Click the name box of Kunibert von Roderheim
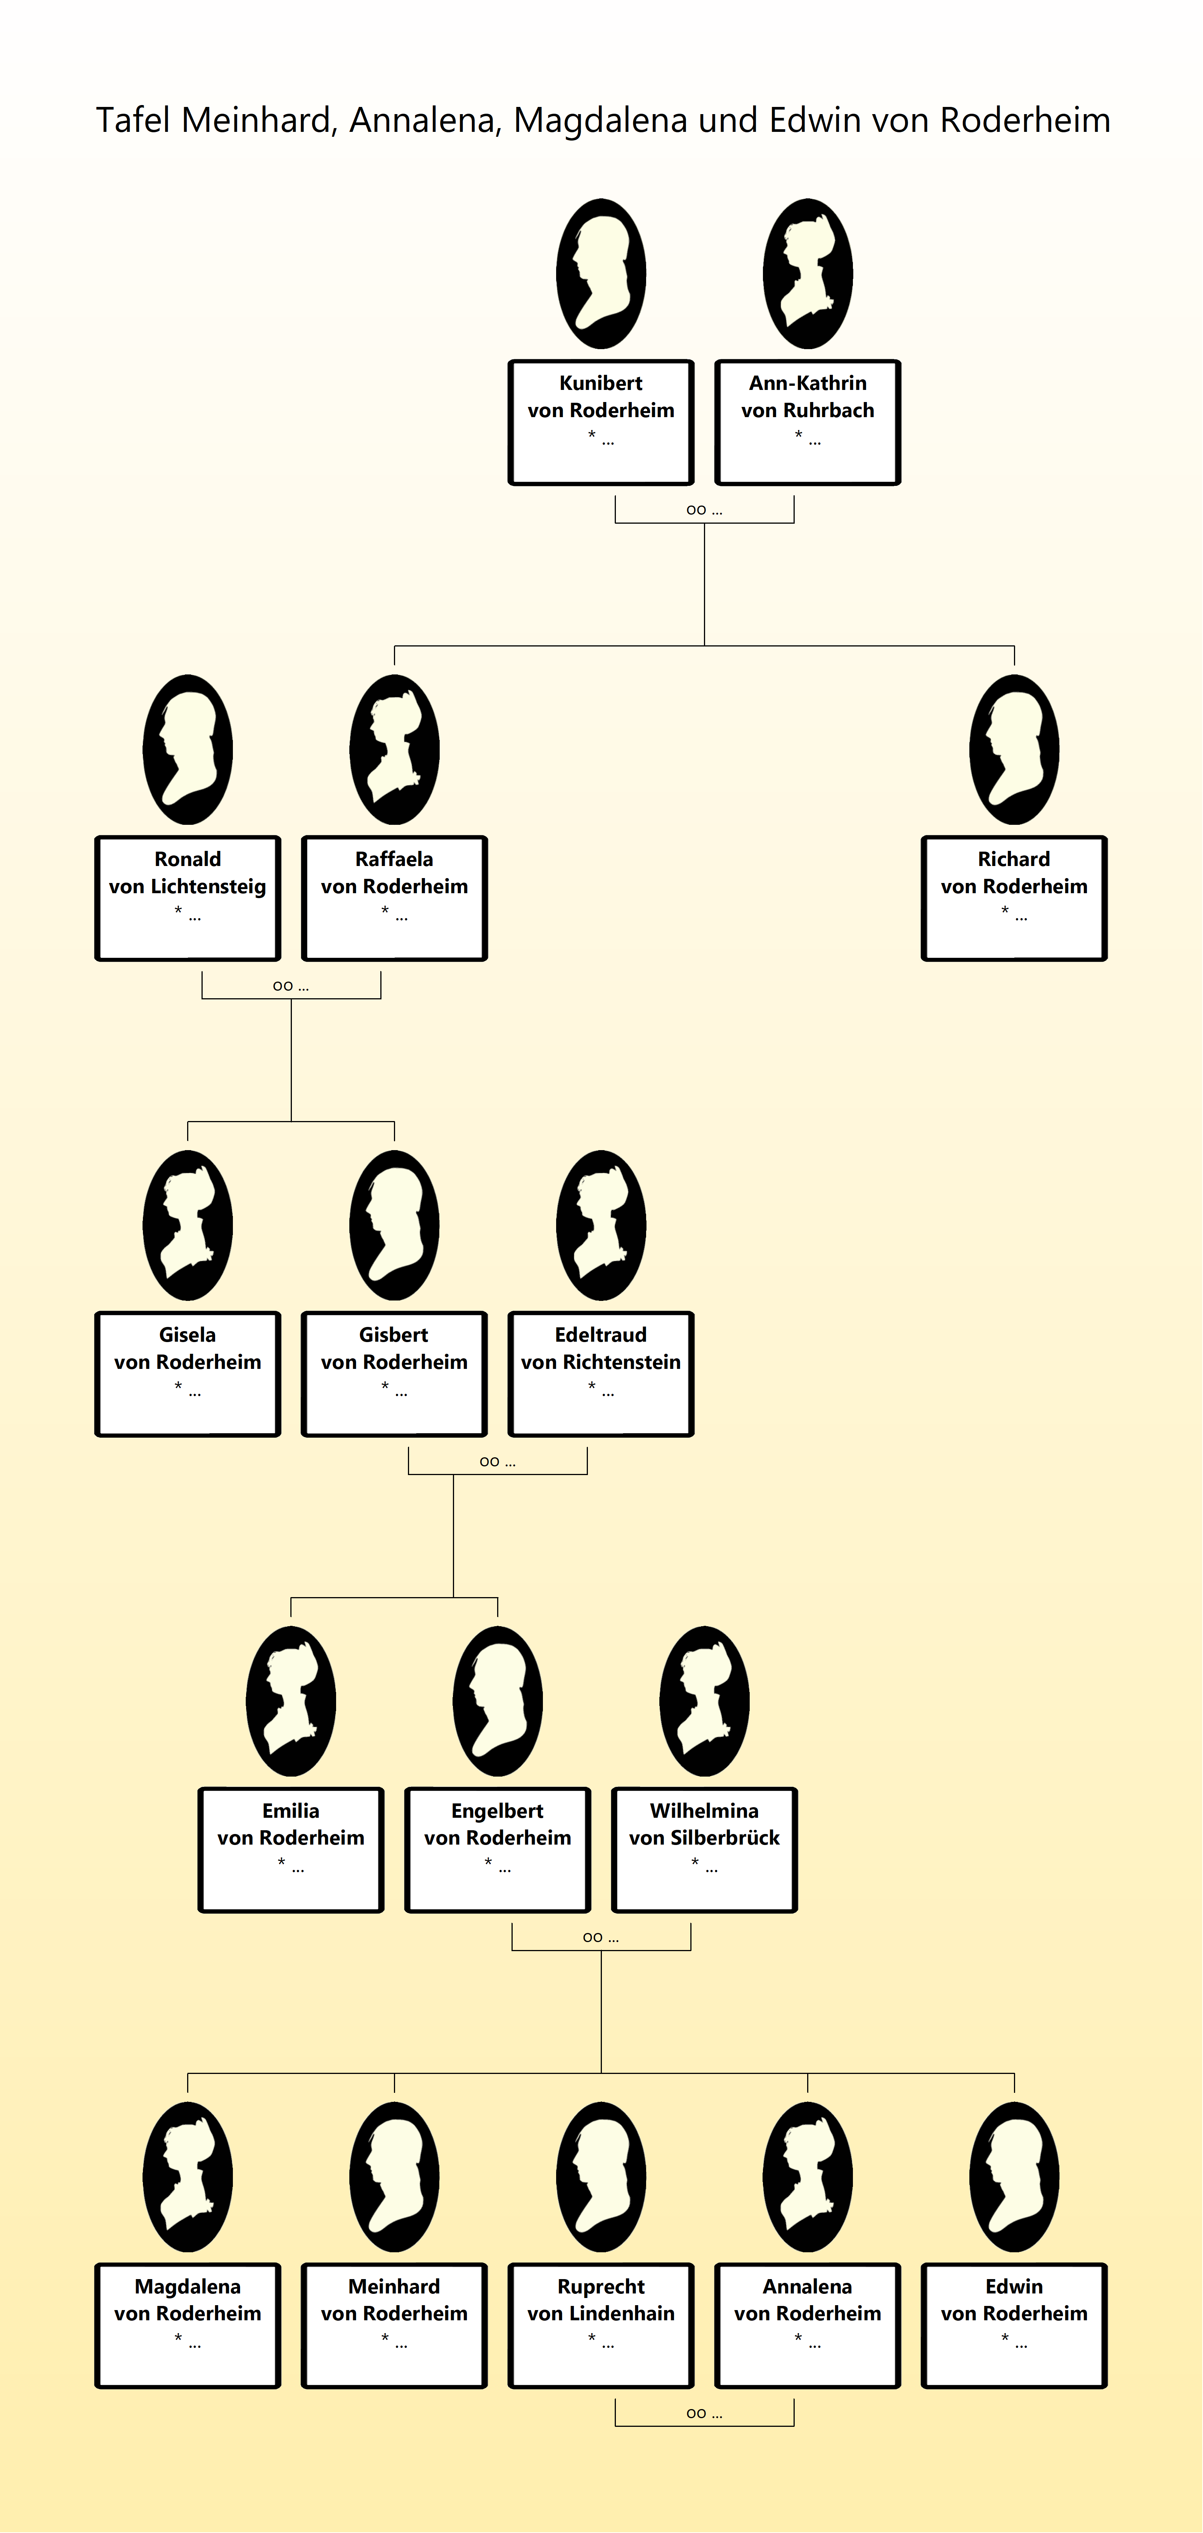[x=601, y=422]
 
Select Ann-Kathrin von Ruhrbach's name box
[x=808, y=422]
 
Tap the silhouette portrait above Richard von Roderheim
[x=1014, y=749]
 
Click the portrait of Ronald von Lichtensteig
[x=188, y=749]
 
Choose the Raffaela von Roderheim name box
[x=394, y=898]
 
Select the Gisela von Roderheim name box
[x=188, y=1374]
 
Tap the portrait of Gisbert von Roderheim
[x=394, y=1225]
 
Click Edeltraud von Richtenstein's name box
[x=601, y=1374]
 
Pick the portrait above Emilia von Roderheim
[x=291, y=1701]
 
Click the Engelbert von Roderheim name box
[x=498, y=1849]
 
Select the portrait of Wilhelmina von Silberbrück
[x=704, y=1701]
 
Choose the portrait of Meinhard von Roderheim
[x=394, y=2177]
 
